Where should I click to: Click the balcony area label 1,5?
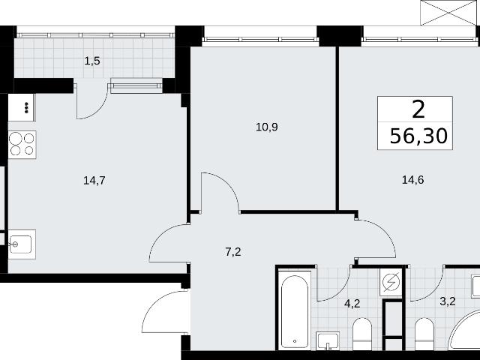[x=92, y=61]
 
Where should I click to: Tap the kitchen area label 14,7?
[x=94, y=181]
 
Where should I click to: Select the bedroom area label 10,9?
[x=267, y=127]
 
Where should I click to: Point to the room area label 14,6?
[x=412, y=180]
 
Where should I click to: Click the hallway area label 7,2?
[x=233, y=252]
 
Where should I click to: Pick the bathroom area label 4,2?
[x=352, y=304]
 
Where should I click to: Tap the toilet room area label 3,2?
[x=448, y=301]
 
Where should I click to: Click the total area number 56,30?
[x=418, y=136]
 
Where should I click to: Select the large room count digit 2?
[x=418, y=110]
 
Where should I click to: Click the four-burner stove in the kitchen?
[x=22, y=145]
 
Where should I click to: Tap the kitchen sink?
[x=22, y=244]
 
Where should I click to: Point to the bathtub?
[x=295, y=310]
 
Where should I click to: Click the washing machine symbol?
[x=391, y=282]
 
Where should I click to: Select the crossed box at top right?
[x=448, y=13]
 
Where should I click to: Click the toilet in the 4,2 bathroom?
[x=362, y=334]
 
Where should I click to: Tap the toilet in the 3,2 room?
[x=424, y=334]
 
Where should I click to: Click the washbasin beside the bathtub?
[x=328, y=340]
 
